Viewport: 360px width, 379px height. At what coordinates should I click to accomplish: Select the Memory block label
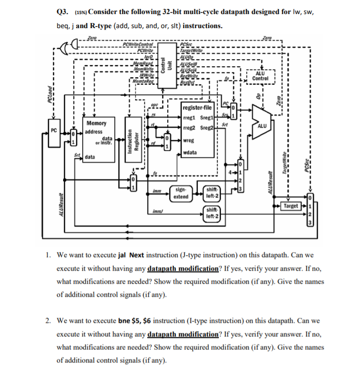point(96,123)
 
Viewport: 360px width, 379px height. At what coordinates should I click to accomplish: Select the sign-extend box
point(181,194)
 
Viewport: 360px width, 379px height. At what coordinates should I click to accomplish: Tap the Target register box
point(290,206)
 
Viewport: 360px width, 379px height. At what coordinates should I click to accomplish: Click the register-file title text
point(199,108)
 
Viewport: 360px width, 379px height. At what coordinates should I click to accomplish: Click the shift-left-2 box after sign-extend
point(212,193)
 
